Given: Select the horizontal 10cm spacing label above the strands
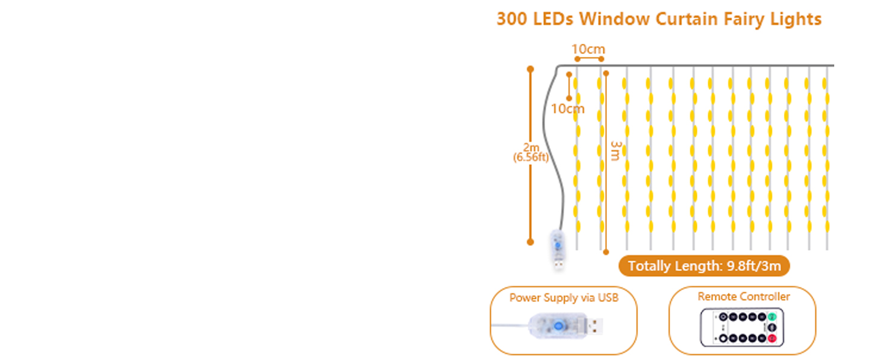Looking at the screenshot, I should coord(588,49).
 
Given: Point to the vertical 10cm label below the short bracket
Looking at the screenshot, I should coord(567,109).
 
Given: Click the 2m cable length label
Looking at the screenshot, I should coord(531,148).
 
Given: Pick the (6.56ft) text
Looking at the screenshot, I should coord(531,158).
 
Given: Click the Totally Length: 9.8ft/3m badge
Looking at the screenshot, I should coord(704,266).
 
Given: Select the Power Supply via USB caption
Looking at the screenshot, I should coord(564,298).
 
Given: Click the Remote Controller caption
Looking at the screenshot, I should coord(744,296).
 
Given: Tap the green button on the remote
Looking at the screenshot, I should coord(772,316).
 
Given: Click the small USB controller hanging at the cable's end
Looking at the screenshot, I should coord(558,247).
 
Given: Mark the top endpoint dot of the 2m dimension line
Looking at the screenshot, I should coord(530,69).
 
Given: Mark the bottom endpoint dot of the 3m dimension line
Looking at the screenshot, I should coord(606,252).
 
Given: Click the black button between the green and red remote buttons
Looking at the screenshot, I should coord(772,328).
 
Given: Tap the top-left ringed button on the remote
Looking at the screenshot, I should coord(723,317).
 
